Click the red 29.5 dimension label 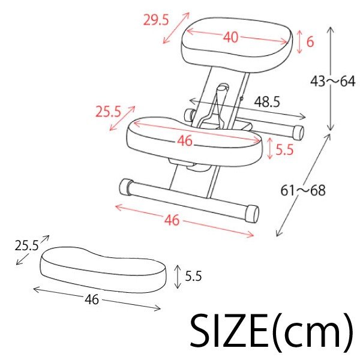click(x=156, y=20)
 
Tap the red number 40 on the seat click(x=231, y=37)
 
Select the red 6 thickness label click(x=310, y=42)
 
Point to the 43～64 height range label click(x=332, y=81)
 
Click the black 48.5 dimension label click(x=267, y=102)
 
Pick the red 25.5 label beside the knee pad click(x=109, y=112)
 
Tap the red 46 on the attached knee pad click(x=185, y=140)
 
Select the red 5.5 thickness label click(x=284, y=149)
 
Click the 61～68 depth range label click(x=303, y=190)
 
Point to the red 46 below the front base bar click(x=172, y=220)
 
